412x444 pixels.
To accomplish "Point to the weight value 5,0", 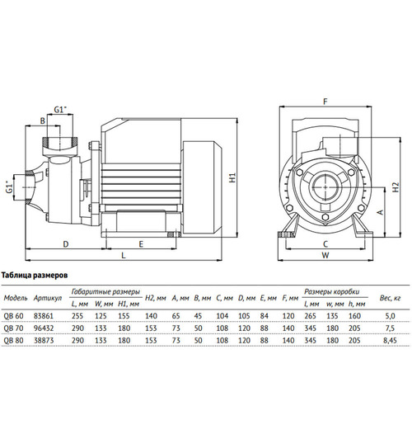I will tap(391, 314).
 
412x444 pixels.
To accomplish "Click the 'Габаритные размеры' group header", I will tap(105, 291).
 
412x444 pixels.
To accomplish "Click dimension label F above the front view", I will tap(326, 102).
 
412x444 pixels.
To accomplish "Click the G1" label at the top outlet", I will tap(60, 109).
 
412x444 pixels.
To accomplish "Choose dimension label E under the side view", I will tap(142, 244).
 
